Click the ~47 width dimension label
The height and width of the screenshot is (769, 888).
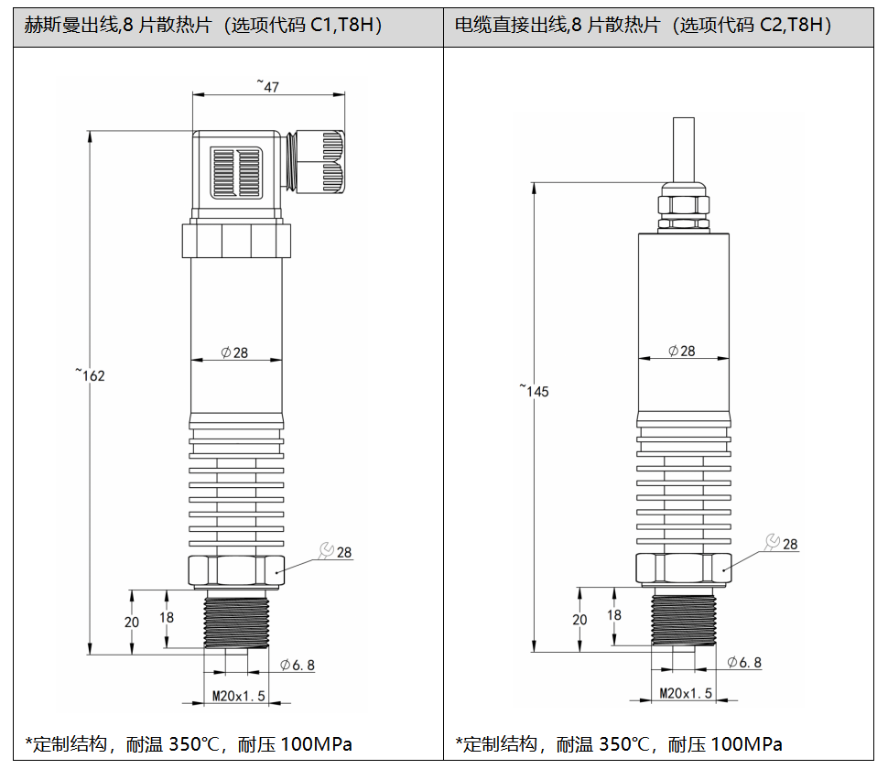coord(267,86)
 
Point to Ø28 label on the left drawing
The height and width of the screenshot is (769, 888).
coord(235,352)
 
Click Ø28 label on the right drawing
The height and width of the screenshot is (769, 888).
coord(682,351)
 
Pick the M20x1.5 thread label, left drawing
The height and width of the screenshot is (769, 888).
coord(238,696)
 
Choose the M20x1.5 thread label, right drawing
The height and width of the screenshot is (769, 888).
coord(686,693)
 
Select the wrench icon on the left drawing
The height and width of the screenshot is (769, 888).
coord(325,549)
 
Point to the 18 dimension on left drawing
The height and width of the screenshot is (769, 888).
coord(167,617)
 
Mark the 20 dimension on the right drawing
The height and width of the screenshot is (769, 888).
coord(579,619)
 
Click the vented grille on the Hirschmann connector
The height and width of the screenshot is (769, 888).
coord(237,171)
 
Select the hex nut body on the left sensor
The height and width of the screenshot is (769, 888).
coord(235,570)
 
